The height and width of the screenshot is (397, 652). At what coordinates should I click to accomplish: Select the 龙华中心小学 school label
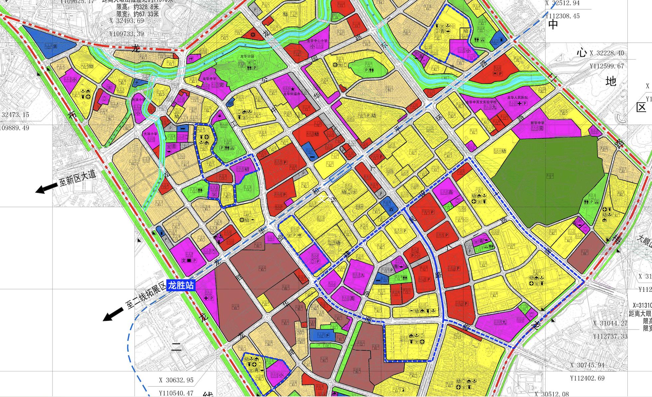(318, 41)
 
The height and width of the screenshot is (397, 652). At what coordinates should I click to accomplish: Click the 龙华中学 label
(209, 79)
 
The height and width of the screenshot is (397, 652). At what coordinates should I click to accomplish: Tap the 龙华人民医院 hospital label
(517, 98)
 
